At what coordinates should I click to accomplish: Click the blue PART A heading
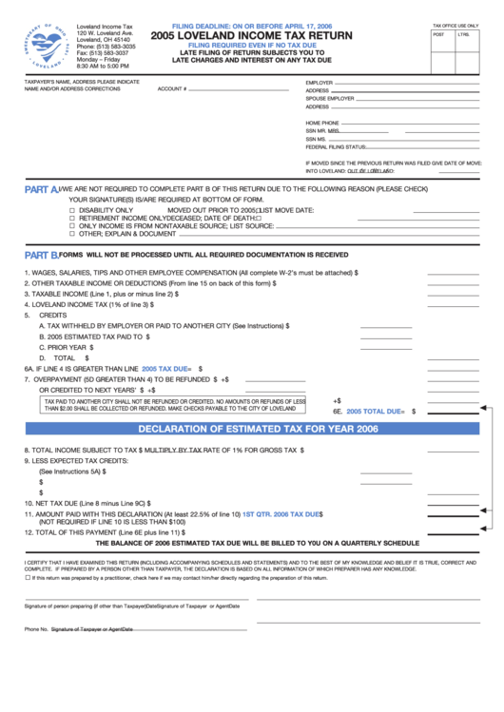pyautogui.click(x=41, y=189)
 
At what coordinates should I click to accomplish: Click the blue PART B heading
pyautogui.click(x=41, y=255)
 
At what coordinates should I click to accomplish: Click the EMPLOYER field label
pyautogui.click(x=320, y=83)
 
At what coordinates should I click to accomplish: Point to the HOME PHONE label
pyautogui.click(x=322, y=124)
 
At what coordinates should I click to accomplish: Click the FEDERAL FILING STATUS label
pyautogui.click(x=336, y=146)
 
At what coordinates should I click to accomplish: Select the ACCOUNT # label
pyautogui.click(x=171, y=88)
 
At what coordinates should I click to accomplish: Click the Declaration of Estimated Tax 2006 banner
pyautogui.click(x=251, y=429)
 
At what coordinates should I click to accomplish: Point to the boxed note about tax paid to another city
pyautogui.click(x=175, y=405)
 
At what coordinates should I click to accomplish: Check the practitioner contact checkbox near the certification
pyautogui.click(x=27, y=577)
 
